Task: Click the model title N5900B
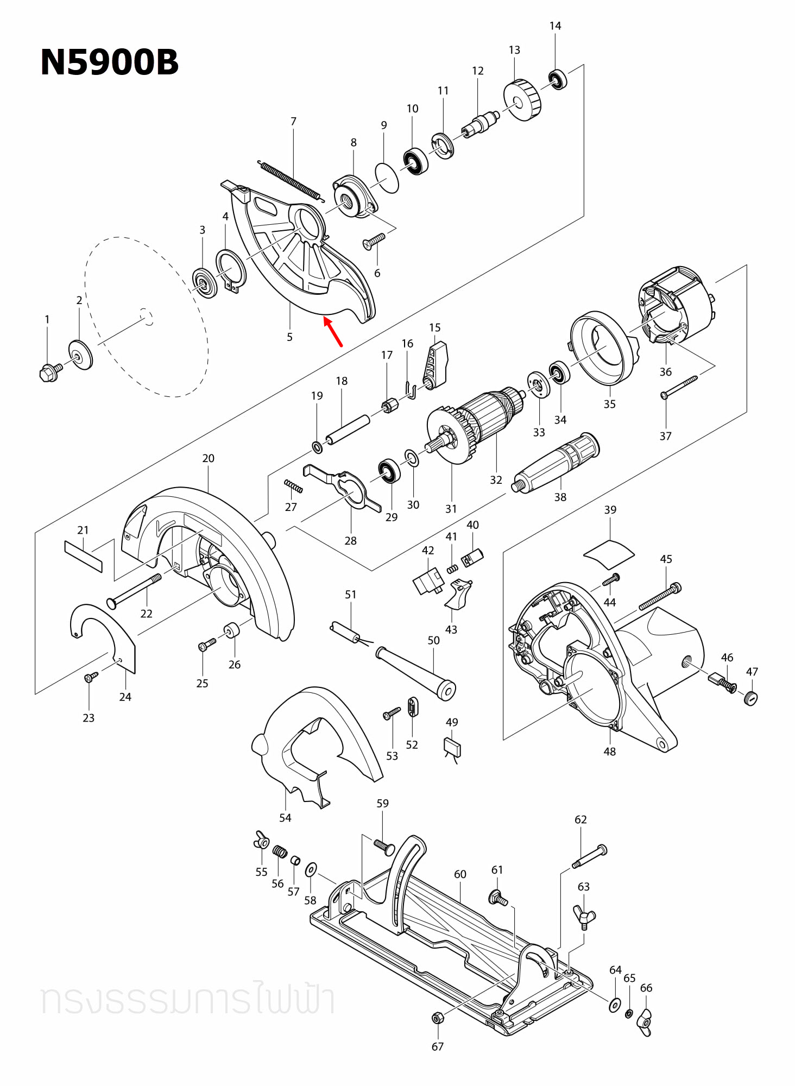click(x=109, y=62)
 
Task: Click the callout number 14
click(x=555, y=26)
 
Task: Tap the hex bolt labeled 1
click(x=49, y=372)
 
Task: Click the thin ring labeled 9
click(x=387, y=177)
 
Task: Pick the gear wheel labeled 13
click(x=523, y=100)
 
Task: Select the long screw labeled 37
click(x=679, y=387)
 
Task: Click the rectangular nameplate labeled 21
click(x=83, y=556)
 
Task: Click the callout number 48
click(x=609, y=752)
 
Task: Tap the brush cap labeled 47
click(x=750, y=698)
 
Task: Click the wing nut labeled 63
click(x=584, y=917)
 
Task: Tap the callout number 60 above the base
click(x=460, y=874)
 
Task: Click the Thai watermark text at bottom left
click(x=187, y=1001)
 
